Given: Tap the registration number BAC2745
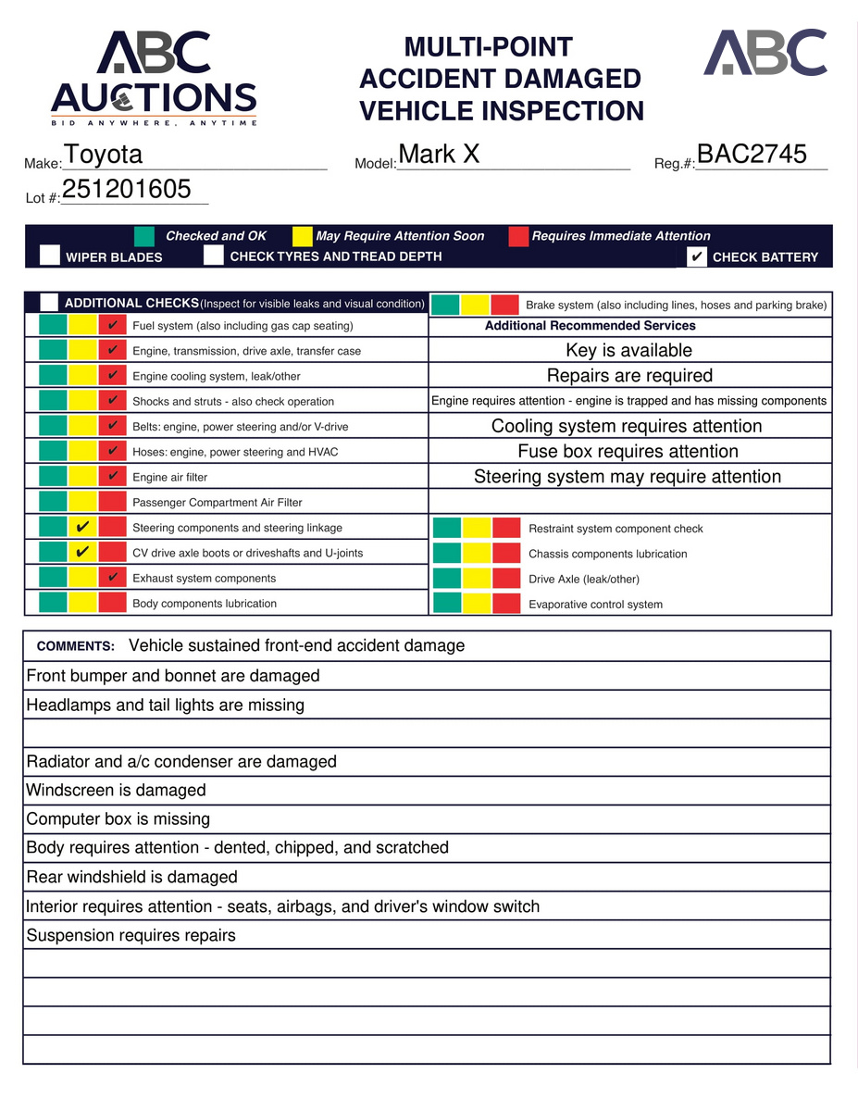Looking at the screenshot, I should [x=752, y=155].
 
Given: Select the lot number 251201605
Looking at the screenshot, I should [x=127, y=190].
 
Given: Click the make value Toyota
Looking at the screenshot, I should [x=104, y=155].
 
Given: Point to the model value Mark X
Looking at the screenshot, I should [x=439, y=155].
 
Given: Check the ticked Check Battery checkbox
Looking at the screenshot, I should [x=698, y=256].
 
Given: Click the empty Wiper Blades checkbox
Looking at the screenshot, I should [x=50, y=256].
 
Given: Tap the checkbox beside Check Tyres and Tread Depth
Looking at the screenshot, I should [x=214, y=256].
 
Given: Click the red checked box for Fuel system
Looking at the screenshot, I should [x=112, y=326].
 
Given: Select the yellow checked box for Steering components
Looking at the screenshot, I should [x=82, y=528].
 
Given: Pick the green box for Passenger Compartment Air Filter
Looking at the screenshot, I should [x=54, y=503].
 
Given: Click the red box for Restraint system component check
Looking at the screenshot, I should [x=506, y=529].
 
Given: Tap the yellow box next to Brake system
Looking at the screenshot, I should [x=476, y=305].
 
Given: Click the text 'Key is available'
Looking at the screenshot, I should [x=629, y=351].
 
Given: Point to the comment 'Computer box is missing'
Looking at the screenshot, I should [x=118, y=819].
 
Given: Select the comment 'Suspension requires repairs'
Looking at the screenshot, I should [x=131, y=935].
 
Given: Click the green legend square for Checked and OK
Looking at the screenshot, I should [x=144, y=236].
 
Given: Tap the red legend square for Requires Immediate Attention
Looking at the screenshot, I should [x=518, y=236].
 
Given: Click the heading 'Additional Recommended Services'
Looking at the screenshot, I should [x=591, y=326].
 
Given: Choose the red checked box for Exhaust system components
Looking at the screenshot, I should [x=112, y=579].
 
